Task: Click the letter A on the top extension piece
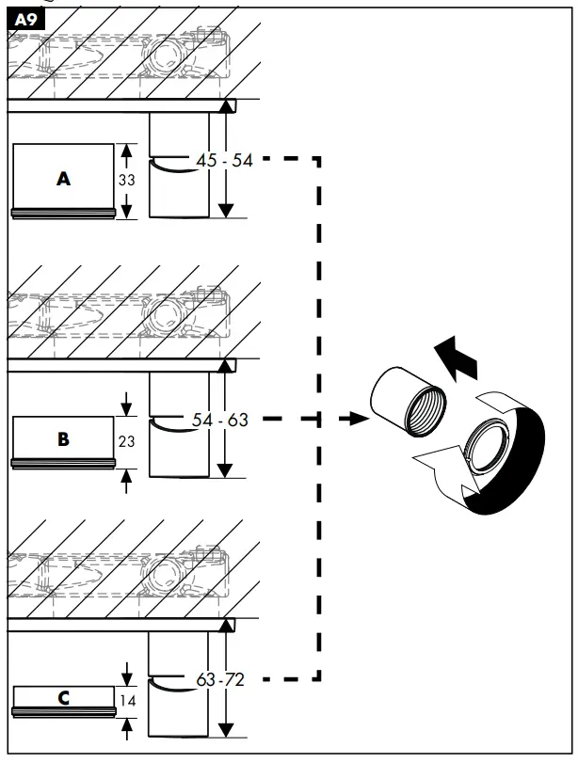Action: (x=63, y=178)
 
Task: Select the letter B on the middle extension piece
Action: (x=63, y=438)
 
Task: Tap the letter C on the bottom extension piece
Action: (x=63, y=698)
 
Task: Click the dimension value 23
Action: (x=128, y=439)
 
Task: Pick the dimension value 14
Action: (x=128, y=700)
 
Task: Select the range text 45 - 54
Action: (x=224, y=161)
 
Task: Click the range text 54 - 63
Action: (x=220, y=420)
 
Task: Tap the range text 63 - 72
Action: (x=220, y=678)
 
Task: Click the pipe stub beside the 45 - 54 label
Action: (x=179, y=188)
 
